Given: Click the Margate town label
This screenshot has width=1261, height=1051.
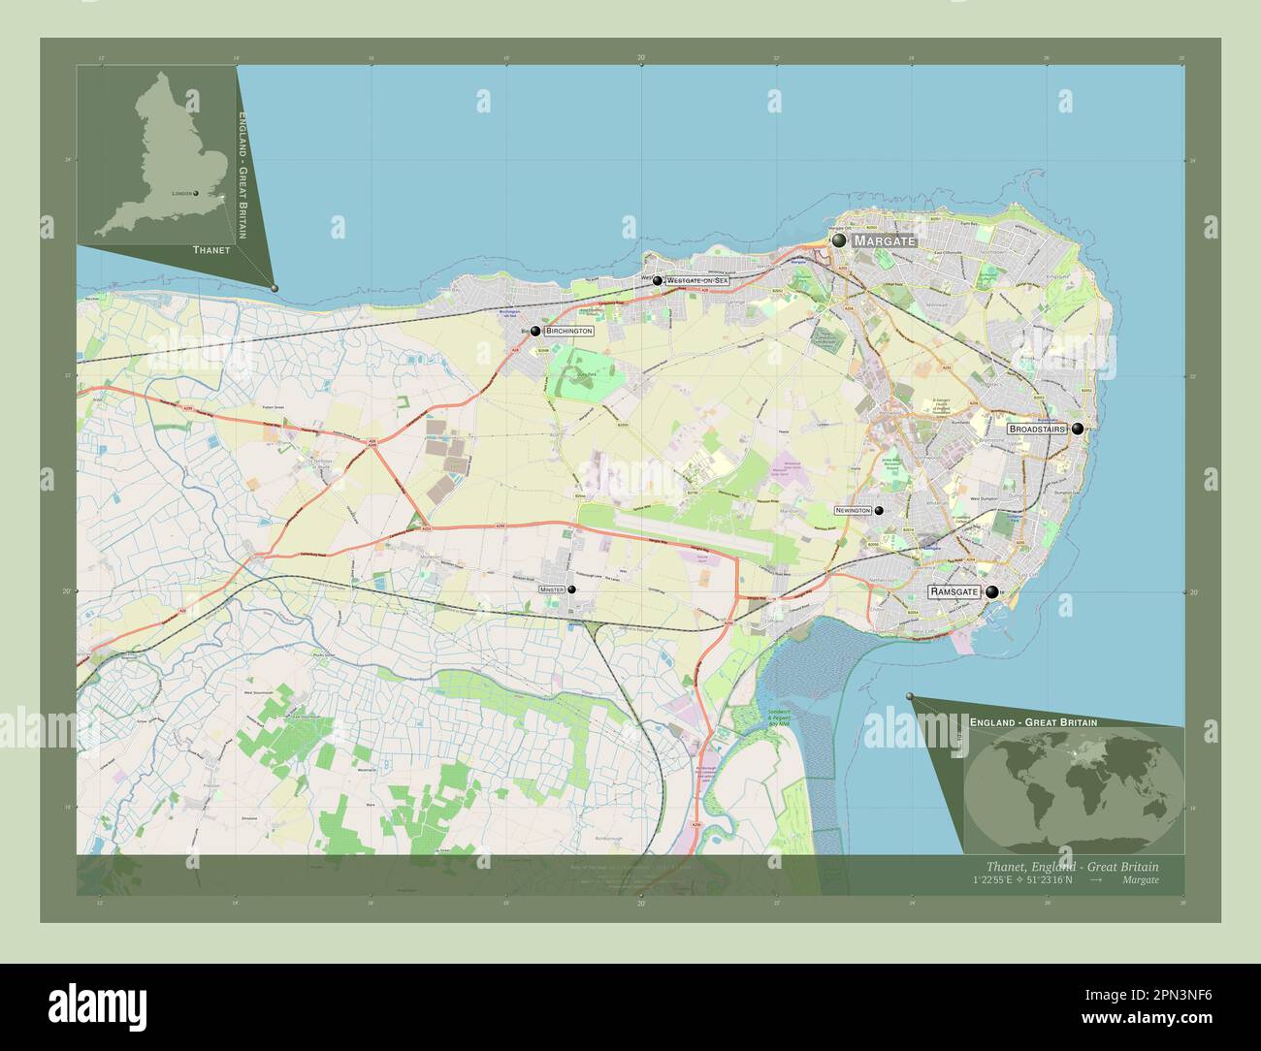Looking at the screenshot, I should pyautogui.click(x=884, y=240).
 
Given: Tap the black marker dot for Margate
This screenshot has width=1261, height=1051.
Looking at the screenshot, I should pyautogui.click(x=838, y=239).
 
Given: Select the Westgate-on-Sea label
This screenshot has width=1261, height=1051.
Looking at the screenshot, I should pyautogui.click(x=696, y=280).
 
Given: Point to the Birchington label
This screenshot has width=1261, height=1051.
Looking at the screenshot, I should pyautogui.click(x=568, y=331).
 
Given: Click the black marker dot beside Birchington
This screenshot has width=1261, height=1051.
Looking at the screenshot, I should pyautogui.click(x=535, y=331).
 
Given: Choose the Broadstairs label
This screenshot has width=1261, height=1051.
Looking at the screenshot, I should pyautogui.click(x=1037, y=429).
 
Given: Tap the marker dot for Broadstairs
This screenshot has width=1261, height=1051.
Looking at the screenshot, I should pyautogui.click(x=1077, y=429).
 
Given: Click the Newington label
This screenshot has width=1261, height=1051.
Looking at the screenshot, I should pyautogui.click(x=853, y=510).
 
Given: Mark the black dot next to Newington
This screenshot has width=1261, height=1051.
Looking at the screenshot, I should pyautogui.click(x=879, y=510).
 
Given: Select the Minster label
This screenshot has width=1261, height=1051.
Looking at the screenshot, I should pyautogui.click(x=552, y=589).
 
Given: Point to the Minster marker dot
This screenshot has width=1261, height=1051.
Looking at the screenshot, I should pyautogui.click(x=572, y=589).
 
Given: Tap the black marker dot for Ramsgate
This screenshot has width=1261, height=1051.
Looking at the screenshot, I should pyautogui.click(x=991, y=591).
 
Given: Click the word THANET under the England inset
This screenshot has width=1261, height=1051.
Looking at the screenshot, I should pyautogui.click(x=211, y=249).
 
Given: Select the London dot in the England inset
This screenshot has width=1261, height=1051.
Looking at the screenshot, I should pyautogui.click(x=195, y=193).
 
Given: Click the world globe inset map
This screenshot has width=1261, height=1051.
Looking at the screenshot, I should pyautogui.click(x=1074, y=785).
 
